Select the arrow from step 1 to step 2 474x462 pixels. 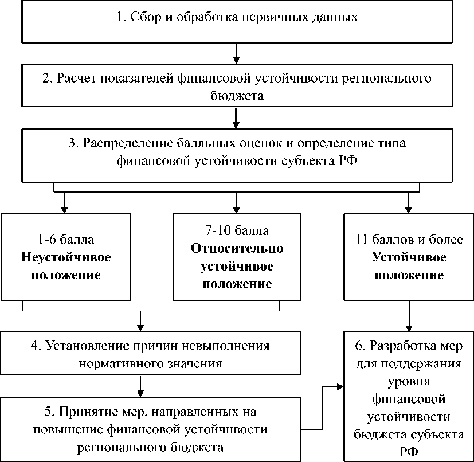tap(236, 53)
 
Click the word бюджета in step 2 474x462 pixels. tap(237, 96)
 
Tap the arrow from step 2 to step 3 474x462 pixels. tap(236, 118)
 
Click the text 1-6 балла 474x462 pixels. tap(66, 240)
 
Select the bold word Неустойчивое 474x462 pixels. tap(66, 257)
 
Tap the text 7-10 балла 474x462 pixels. tap(237, 230)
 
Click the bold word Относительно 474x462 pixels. tap(237, 248)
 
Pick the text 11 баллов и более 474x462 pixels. tap(409, 240)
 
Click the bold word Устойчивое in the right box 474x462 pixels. tap(409, 257)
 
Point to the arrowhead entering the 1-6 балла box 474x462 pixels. tap(64, 210)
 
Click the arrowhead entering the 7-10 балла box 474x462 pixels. tap(236, 210)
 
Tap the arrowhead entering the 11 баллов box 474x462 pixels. tap(409, 210)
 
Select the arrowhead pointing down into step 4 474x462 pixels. tap(140, 327)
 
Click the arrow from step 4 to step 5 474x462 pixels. tap(140, 386)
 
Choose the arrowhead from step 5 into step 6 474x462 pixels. tap(340, 386)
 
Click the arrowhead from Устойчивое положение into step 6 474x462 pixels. tap(409, 328)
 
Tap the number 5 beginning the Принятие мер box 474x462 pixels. tap(48, 412)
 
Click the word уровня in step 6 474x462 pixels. tap(409, 382)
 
